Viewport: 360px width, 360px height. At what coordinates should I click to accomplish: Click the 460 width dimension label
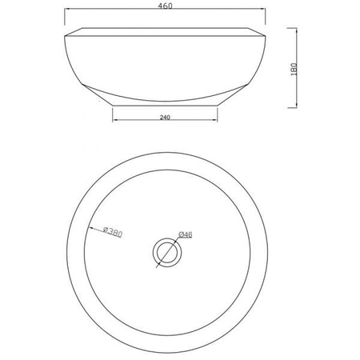click(166, 6)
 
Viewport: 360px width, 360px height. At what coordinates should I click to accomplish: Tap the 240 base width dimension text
click(165, 117)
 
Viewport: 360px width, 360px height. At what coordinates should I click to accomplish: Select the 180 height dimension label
click(294, 69)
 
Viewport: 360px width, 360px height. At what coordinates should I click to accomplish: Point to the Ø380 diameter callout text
click(113, 232)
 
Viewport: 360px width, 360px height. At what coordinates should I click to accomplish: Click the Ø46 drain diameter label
click(186, 234)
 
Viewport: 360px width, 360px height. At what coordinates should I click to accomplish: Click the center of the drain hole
click(167, 253)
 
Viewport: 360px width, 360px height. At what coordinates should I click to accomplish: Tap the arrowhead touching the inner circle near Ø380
click(90, 228)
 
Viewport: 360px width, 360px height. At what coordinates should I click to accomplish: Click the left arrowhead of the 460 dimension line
click(67, 9)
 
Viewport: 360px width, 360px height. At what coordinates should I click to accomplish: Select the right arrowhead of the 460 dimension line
click(262, 9)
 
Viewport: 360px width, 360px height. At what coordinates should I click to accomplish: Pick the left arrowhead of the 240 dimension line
click(115, 120)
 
